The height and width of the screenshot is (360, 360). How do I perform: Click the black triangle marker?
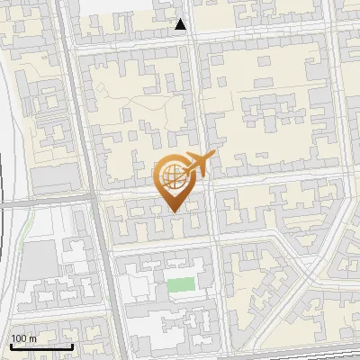point(181,25)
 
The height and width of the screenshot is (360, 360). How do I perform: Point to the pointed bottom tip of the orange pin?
point(174,211)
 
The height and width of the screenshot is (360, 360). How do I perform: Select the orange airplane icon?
point(197,164)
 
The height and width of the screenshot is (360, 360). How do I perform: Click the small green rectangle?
point(181,286)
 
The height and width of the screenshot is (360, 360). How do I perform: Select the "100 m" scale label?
point(22,338)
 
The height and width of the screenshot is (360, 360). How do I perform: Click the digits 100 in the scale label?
point(18,338)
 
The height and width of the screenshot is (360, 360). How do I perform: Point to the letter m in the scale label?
point(31,338)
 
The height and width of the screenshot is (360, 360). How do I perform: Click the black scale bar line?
point(40,346)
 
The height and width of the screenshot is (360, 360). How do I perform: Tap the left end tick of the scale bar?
point(10,345)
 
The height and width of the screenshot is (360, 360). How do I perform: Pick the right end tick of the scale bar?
point(72,345)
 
